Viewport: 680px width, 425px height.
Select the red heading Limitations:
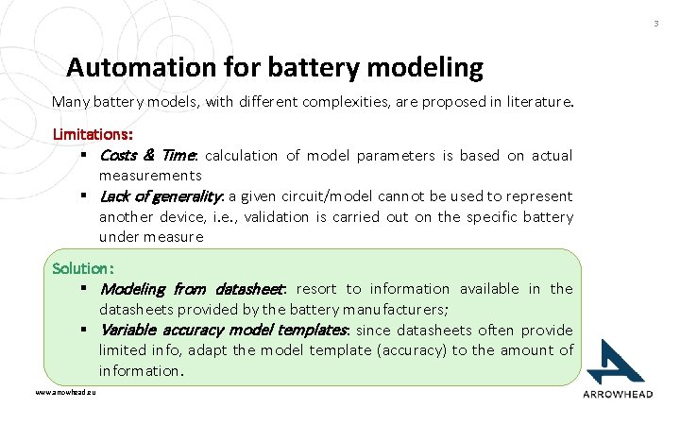(x=93, y=135)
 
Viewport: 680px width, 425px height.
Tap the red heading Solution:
(x=84, y=268)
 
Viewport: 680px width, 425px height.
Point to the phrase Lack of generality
(x=161, y=196)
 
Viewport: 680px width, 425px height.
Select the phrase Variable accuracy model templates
(x=225, y=331)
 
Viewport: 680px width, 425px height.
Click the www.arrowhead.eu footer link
(x=65, y=391)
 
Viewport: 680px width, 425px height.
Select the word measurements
(x=150, y=176)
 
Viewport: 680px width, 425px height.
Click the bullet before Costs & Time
(x=84, y=155)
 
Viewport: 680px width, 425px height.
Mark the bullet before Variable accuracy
(x=84, y=331)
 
